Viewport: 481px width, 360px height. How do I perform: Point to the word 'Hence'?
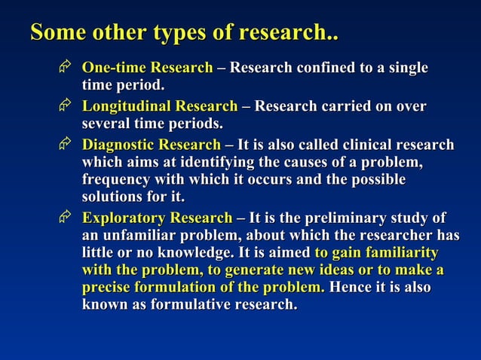pos(351,288)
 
